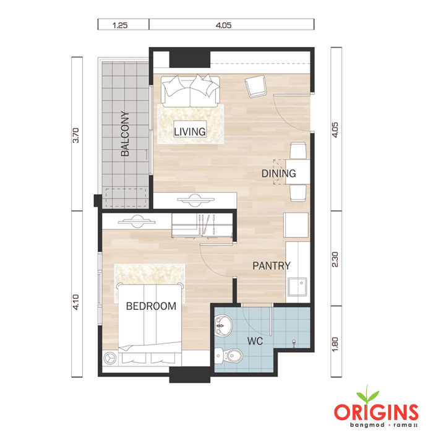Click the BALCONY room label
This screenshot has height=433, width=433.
point(125,134)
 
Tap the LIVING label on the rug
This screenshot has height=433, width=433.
point(190,131)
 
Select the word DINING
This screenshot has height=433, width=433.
point(278,173)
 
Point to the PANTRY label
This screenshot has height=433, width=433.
point(272,265)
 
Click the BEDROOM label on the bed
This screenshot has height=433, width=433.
point(151,306)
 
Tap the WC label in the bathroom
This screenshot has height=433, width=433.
point(255,341)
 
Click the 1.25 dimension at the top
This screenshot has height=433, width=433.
point(120,25)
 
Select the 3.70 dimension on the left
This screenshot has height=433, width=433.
point(75,135)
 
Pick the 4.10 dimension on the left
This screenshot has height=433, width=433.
point(75,302)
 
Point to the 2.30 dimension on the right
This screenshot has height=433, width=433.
point(335,260)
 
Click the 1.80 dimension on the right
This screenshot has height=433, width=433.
point(335,345)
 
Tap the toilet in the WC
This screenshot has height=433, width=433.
point(229,355)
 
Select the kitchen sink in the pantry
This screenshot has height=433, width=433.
point(297,286)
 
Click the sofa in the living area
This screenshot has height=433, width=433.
point(191,90)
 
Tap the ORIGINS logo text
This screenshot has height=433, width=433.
point(376,412)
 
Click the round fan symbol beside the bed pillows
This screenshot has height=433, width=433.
point(110,358)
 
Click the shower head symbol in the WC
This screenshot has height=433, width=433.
point(294,343)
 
